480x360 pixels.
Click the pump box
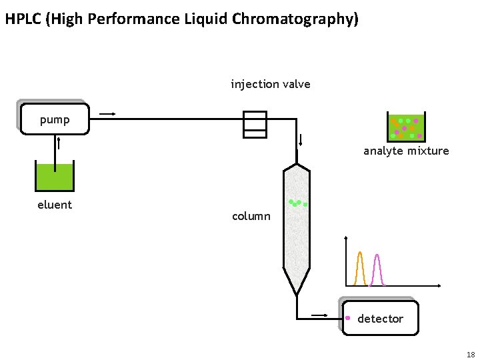point(55,119)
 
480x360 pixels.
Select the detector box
point(380,318)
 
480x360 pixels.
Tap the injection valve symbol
point(255,125)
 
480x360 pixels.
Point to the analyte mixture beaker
point(406,127)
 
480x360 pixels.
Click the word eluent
point(55,205)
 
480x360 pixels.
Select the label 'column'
point(251,217)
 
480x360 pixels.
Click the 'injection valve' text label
point(271,84)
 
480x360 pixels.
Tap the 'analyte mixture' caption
point(406,151)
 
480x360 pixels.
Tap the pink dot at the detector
point(348,318)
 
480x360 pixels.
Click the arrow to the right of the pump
point(107,114)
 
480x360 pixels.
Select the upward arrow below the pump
point(59,143)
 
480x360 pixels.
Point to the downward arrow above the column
point(301,139)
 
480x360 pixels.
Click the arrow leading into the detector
point(319,315)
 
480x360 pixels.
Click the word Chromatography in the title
point(295,19)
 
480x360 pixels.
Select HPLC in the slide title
point(23,19)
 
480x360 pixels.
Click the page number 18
point(471,355)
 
